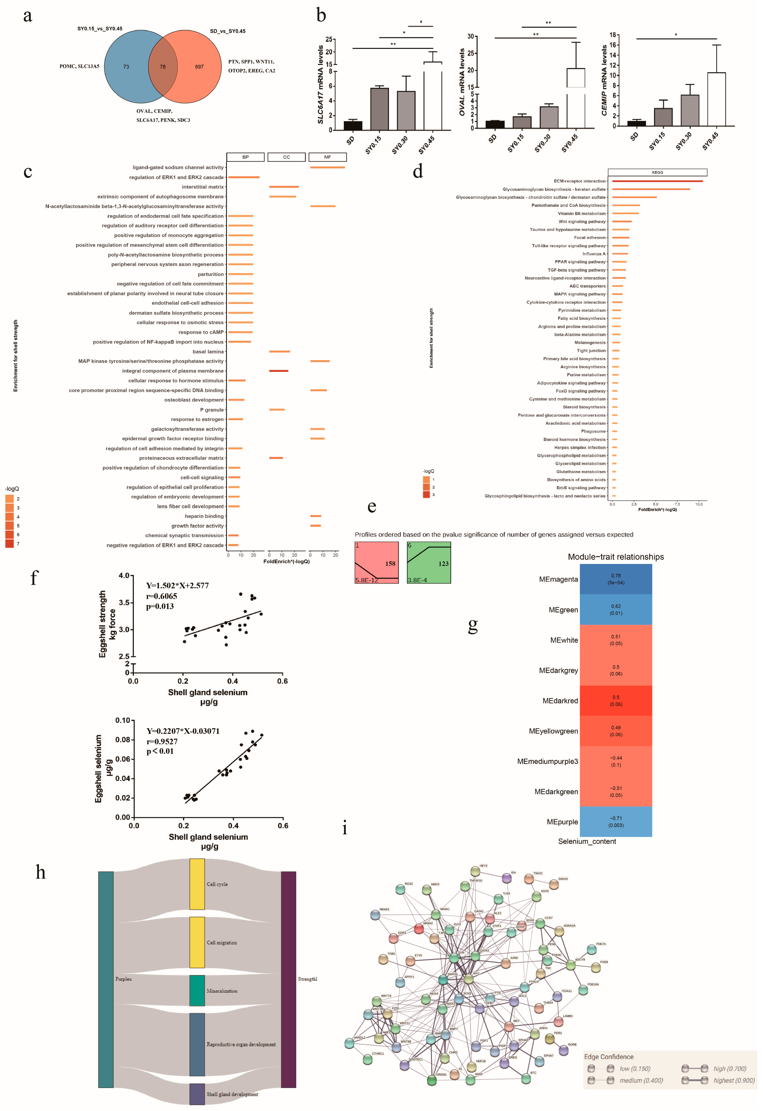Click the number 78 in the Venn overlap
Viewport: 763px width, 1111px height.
pos(163,67)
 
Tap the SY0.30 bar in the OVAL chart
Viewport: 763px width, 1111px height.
pos(549,117)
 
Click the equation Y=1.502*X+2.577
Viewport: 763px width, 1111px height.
pos(178,586)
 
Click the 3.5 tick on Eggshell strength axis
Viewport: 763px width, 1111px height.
pos(124,603)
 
